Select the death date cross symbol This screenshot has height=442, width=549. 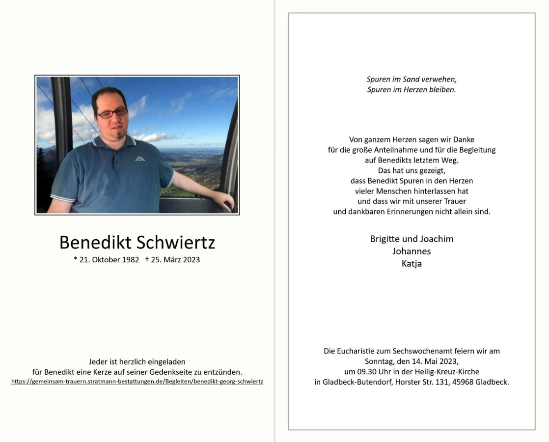click(x=147, y=259)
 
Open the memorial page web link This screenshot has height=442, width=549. click(x=137, y=382)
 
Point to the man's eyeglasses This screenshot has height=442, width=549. click(x=112, y=113)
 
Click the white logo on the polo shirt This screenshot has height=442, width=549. click(x=140, y=158)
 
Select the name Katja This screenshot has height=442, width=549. click(x=412, y=264)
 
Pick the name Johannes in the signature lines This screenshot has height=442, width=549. click(x=412, y=251)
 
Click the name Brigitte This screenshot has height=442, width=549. click(x=385, y=239)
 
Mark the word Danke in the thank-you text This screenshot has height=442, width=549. click(x=463, y=139)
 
